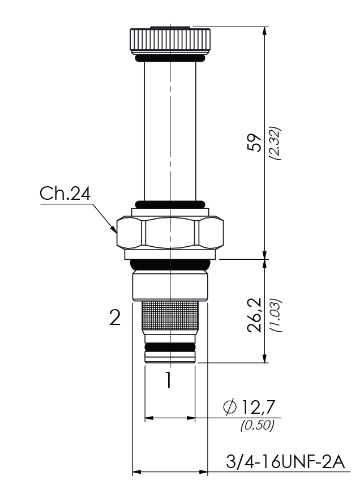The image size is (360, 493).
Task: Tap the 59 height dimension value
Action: [x=255, y=143]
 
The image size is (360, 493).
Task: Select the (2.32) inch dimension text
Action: [x=275, y=143]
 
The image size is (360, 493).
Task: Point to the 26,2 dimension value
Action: [x=255, y=314]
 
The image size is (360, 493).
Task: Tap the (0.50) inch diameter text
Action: [x=257, y=426]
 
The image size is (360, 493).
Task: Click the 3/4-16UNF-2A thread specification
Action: [x=285, y=462]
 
